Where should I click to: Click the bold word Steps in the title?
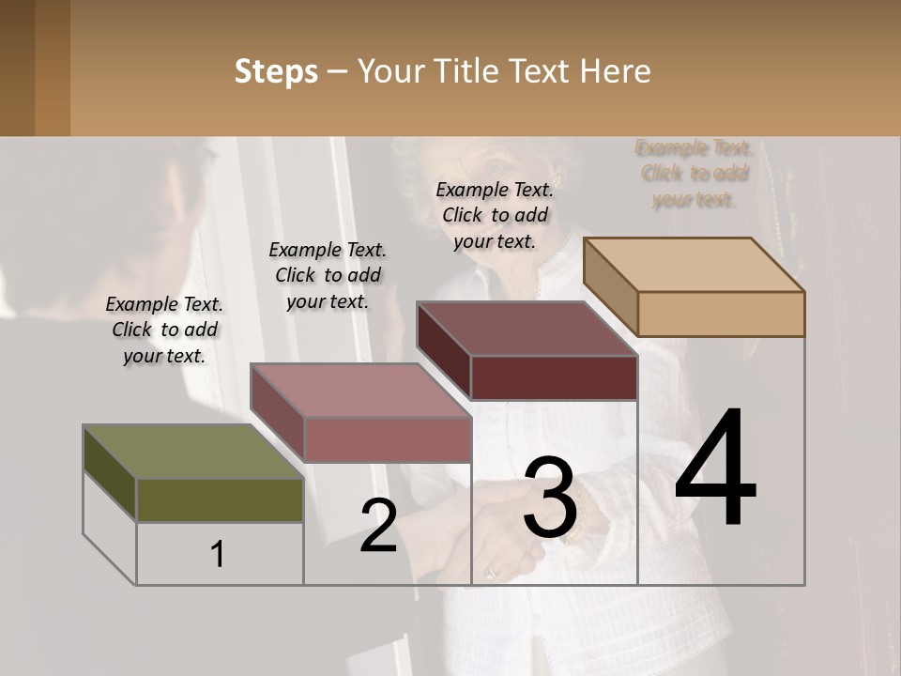[276, 71]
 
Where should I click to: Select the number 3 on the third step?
[550, 498]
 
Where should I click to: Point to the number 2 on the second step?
[379, 526]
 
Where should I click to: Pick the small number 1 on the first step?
[218, 554]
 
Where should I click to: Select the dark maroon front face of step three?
[554, 377]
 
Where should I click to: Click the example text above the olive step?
[164, 330]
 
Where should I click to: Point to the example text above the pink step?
[328, 275]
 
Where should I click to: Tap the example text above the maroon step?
[495, 215]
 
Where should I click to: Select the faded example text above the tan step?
[695, 174]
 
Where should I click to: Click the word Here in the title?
[616, 71]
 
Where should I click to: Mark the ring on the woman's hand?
[489, 571]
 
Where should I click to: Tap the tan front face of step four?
[721, 314]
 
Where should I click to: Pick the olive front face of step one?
[220, 499]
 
